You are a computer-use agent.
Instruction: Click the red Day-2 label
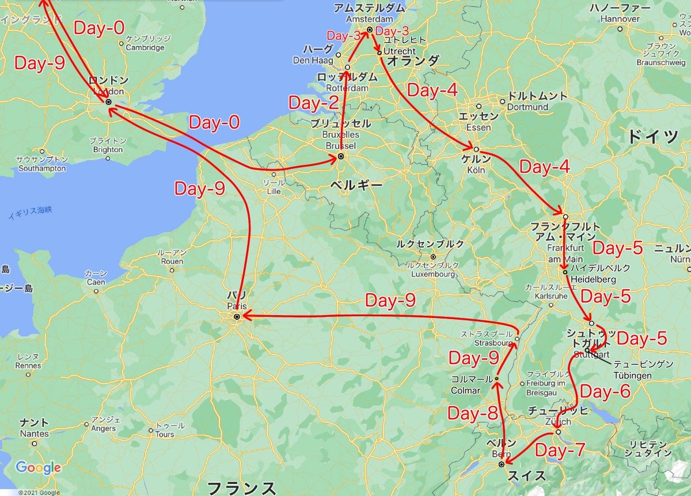tap(314, 104)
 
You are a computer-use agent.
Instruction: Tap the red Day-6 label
tap(605, 392)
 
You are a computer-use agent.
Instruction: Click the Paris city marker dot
tap(237, 316)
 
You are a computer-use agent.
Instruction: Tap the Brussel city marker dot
tap(340, 156)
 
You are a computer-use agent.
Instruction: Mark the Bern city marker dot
tap(502, 464)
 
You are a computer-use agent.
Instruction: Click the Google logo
tap(38, 467)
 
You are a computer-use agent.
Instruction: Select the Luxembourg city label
tap(433, 274)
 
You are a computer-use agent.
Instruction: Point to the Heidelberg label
tap(593, 279)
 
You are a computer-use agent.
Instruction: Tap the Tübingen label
tap(632, 376)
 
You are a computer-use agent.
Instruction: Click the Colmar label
tap(465, 390)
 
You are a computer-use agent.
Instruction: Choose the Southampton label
tap(43, 169)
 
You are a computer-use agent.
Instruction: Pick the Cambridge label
tap(145, 48)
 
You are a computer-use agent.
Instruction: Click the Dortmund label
tap(528, 107)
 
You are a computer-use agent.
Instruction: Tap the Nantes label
tap(35, 434)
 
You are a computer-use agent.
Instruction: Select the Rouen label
tap(172, 261)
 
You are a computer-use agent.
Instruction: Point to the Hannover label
tap(620, 19)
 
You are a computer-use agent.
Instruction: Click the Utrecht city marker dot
tap(379, 53)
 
